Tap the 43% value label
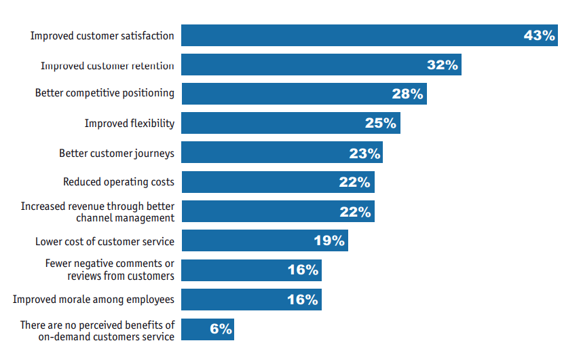(540, 36)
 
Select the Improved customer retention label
(107, 66)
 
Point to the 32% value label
(443, 65)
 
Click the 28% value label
(408, 94)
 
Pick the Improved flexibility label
(129, 123)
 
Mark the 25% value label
(381, 124)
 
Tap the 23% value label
(364, 154)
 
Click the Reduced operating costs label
(119, 181)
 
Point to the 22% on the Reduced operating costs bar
(355, 182)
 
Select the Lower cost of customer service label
(105, 241)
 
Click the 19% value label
(329, 241)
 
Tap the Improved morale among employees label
(94, 299)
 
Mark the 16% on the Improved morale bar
(303, 300)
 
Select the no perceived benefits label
(97, 330)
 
